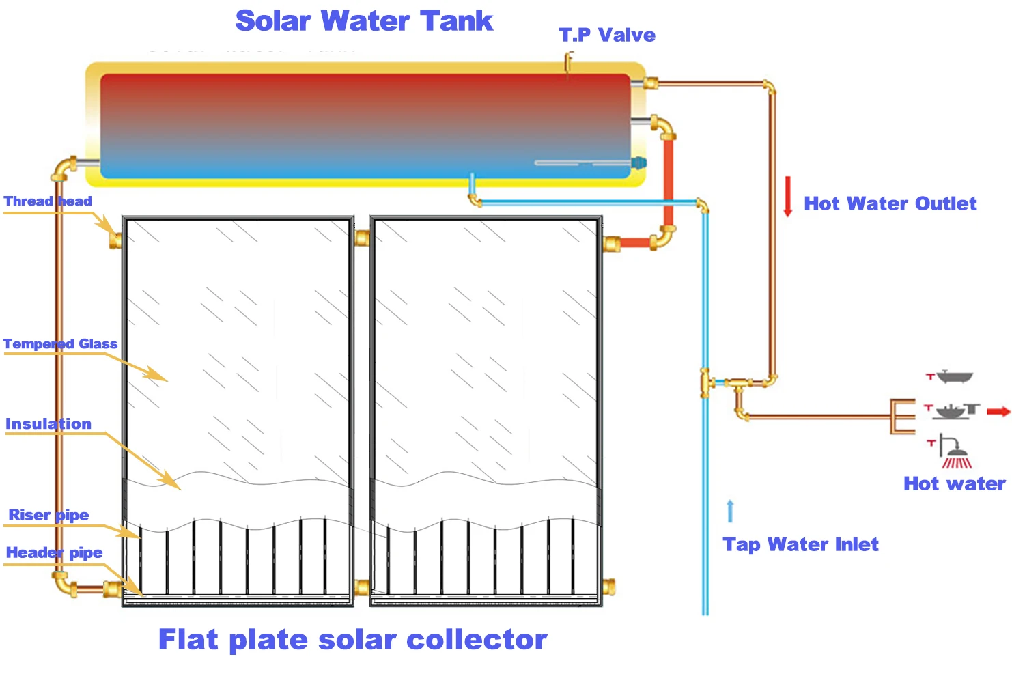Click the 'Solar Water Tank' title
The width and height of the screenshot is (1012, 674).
(x=364, y=21)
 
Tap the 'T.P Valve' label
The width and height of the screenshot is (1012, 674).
(x=607, y=35)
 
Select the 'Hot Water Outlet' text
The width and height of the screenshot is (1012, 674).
(x=890, y=203)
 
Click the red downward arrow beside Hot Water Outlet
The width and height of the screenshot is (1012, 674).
(x=787, y=197)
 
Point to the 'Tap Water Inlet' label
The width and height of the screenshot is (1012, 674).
(x=800, y=544)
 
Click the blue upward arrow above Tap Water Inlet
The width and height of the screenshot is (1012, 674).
(x=730, y=511)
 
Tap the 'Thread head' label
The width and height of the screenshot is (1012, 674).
(x=48, y=201)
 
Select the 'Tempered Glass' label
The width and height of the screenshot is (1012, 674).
(x=60, y=344)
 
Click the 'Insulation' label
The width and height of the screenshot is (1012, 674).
(x=48, y=424)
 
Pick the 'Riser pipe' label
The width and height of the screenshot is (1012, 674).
(x=48, y=515)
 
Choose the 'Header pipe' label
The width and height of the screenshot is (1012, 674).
(x=55, y=552)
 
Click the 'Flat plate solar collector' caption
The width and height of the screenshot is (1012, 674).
(x=352, y=640)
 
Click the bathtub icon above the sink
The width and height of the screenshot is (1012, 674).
(x=954, y=376)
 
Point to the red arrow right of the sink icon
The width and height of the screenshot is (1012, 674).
(x=999, y=411)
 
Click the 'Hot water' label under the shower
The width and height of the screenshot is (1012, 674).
(x=954, y=483)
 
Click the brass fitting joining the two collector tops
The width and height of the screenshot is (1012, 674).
(x=362, y=238)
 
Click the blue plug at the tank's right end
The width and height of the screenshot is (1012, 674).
(x=638, y=163)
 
